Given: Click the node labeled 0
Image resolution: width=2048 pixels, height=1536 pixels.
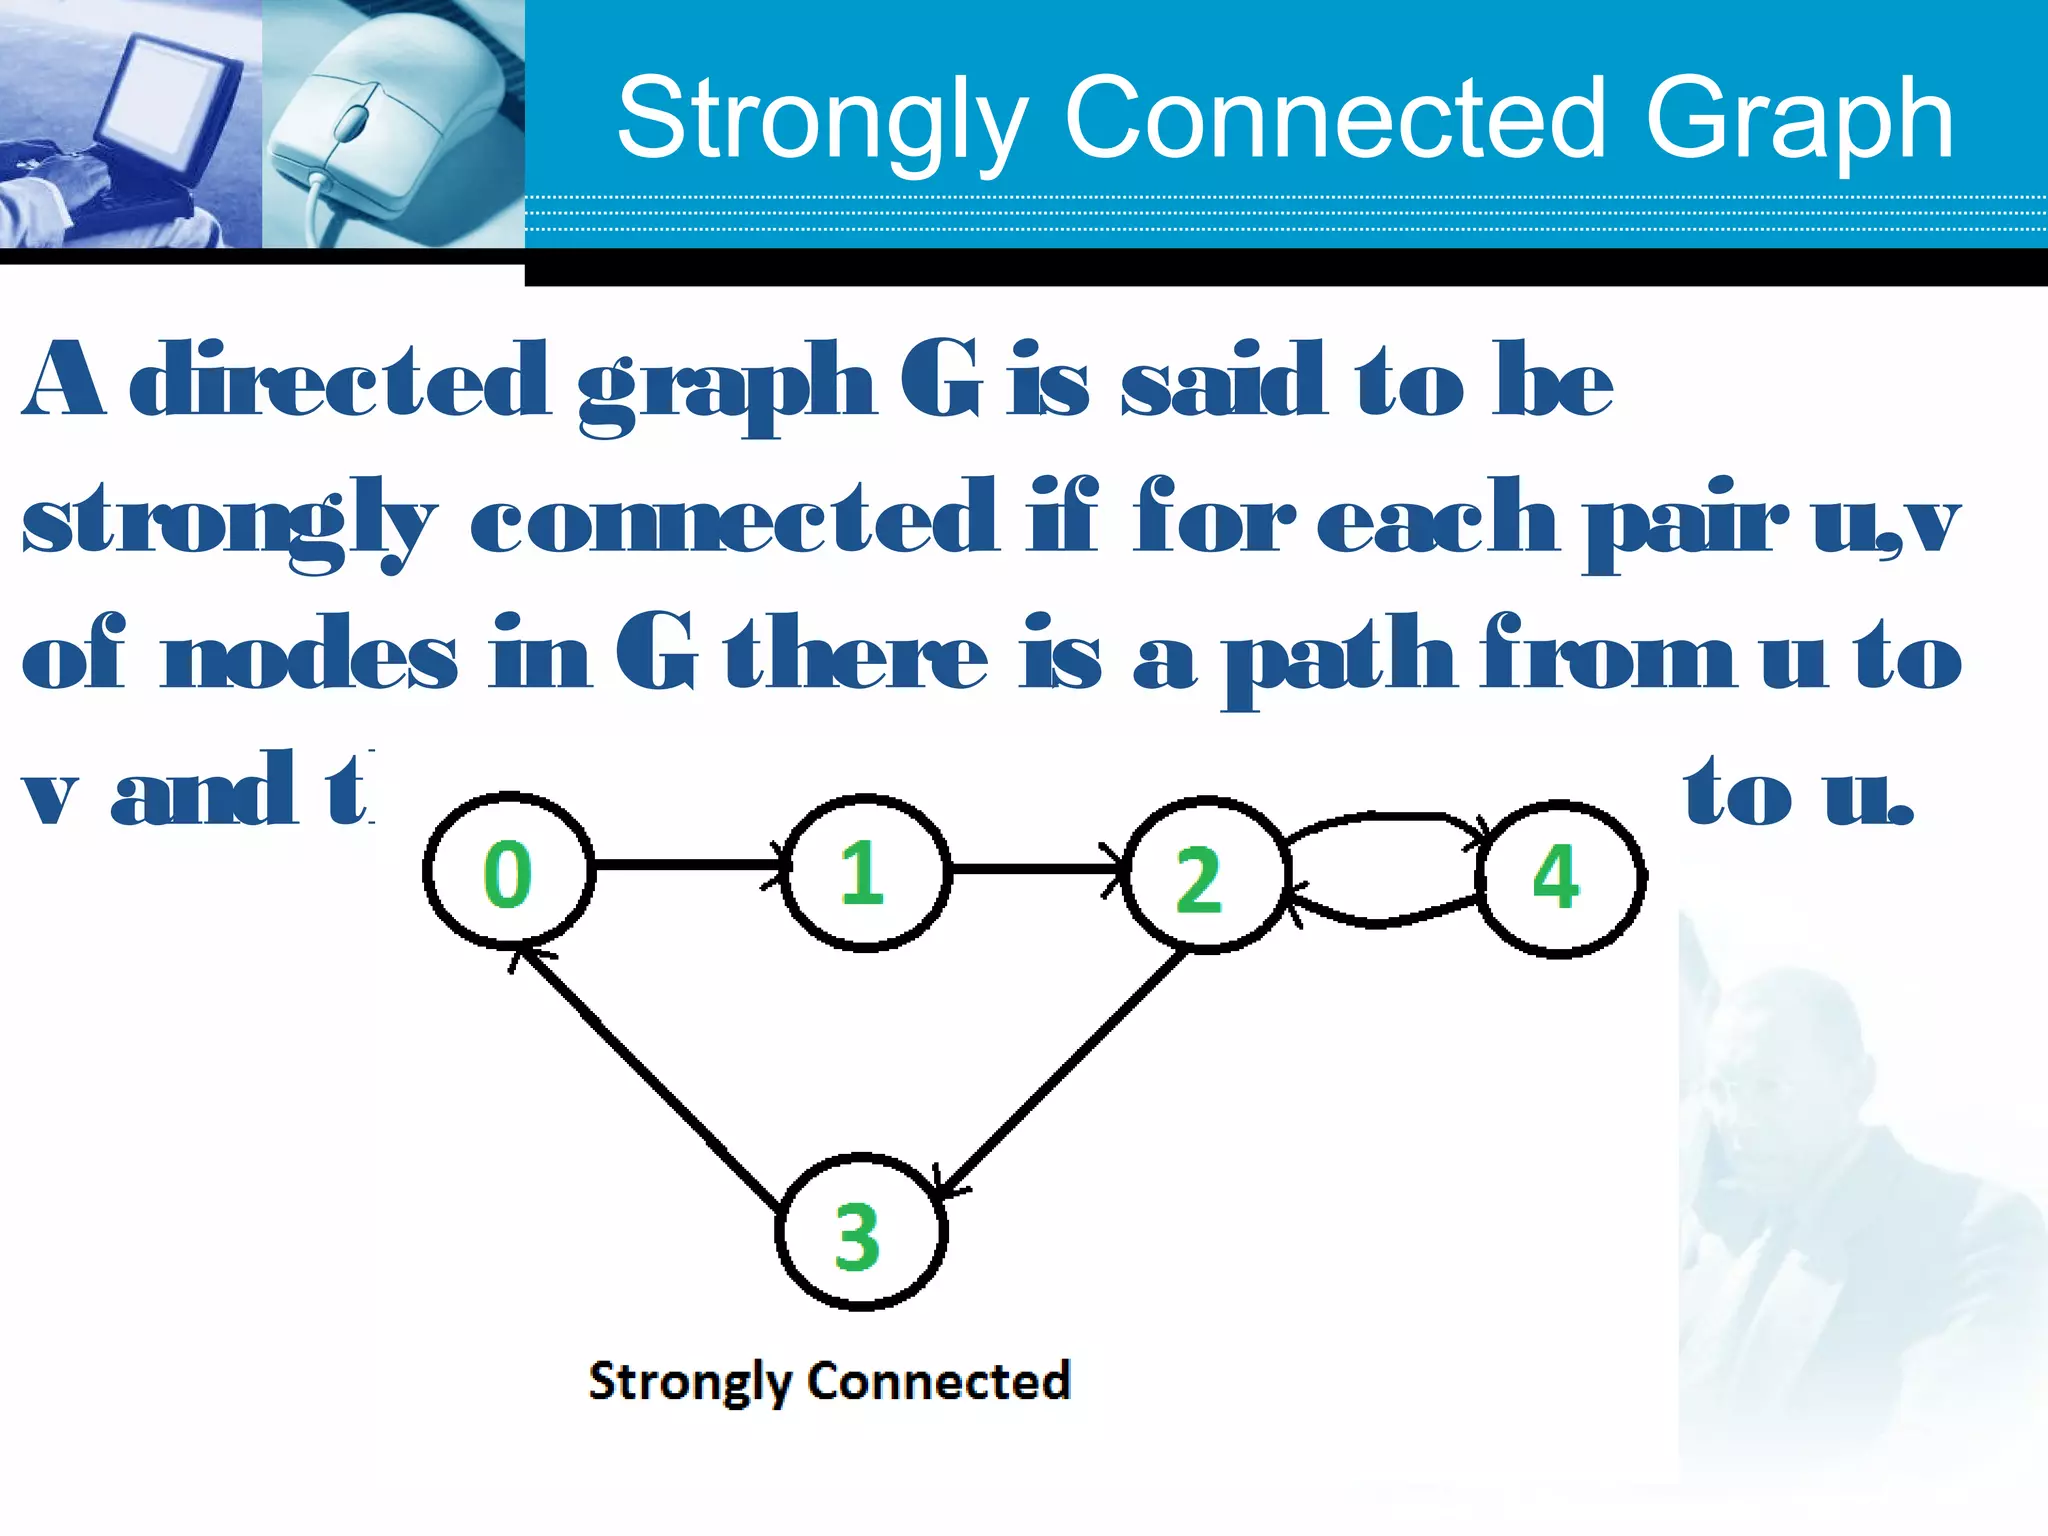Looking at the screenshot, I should click(508, 871).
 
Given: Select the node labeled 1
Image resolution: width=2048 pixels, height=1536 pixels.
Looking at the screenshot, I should click(864, 872).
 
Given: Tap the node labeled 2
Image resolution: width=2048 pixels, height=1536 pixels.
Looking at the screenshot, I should click(1203, 875).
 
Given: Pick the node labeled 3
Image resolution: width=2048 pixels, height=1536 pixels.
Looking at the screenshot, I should click(860, 1233).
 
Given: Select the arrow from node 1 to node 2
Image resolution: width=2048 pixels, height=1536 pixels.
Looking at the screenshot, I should click(1035, 868).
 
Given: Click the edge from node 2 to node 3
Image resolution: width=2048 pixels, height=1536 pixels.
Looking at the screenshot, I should click(1065, 1070).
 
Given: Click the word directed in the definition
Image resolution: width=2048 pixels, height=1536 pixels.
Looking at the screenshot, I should click(340, 380).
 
